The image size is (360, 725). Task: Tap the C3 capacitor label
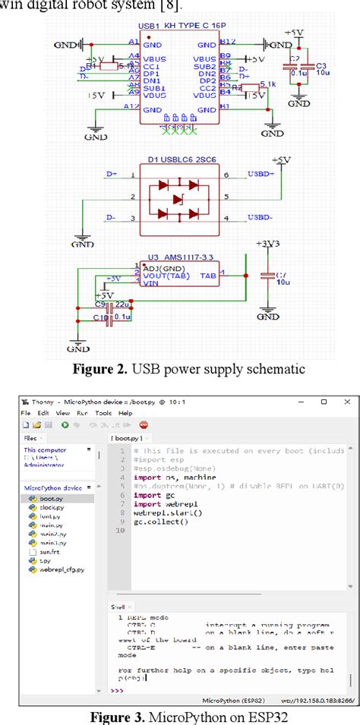(321, 65)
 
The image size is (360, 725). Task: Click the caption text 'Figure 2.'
(100, 370)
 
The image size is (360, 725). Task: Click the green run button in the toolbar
(65, 425)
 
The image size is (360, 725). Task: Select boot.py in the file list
(51, 498)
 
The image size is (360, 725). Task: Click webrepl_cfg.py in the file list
(62, 569)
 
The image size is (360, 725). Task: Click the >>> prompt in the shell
(117, 690)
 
